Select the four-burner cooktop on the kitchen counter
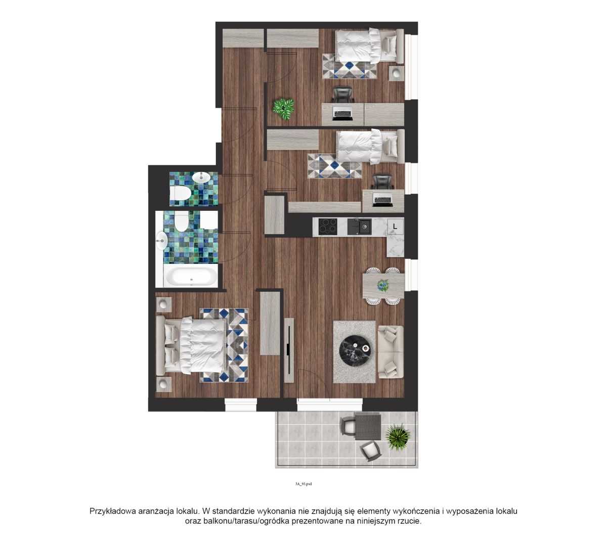coord(328,226)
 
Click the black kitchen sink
coord(359,227)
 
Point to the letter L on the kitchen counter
coord(395,227)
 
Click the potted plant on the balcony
coord(398,437)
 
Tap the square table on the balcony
coord(368,427)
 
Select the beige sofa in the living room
coord(391,352)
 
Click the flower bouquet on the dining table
coord(383,285)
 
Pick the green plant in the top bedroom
coord(283,110)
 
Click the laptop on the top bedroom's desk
coord(342,114)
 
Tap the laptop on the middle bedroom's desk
coord(382,200)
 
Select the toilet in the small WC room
coord(181,194)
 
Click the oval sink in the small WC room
coord(201,177)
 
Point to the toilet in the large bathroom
coord(181,221)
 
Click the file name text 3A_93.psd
coord(303,484)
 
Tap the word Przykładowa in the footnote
coord(115,511)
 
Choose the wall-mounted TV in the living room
coord(289,349)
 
